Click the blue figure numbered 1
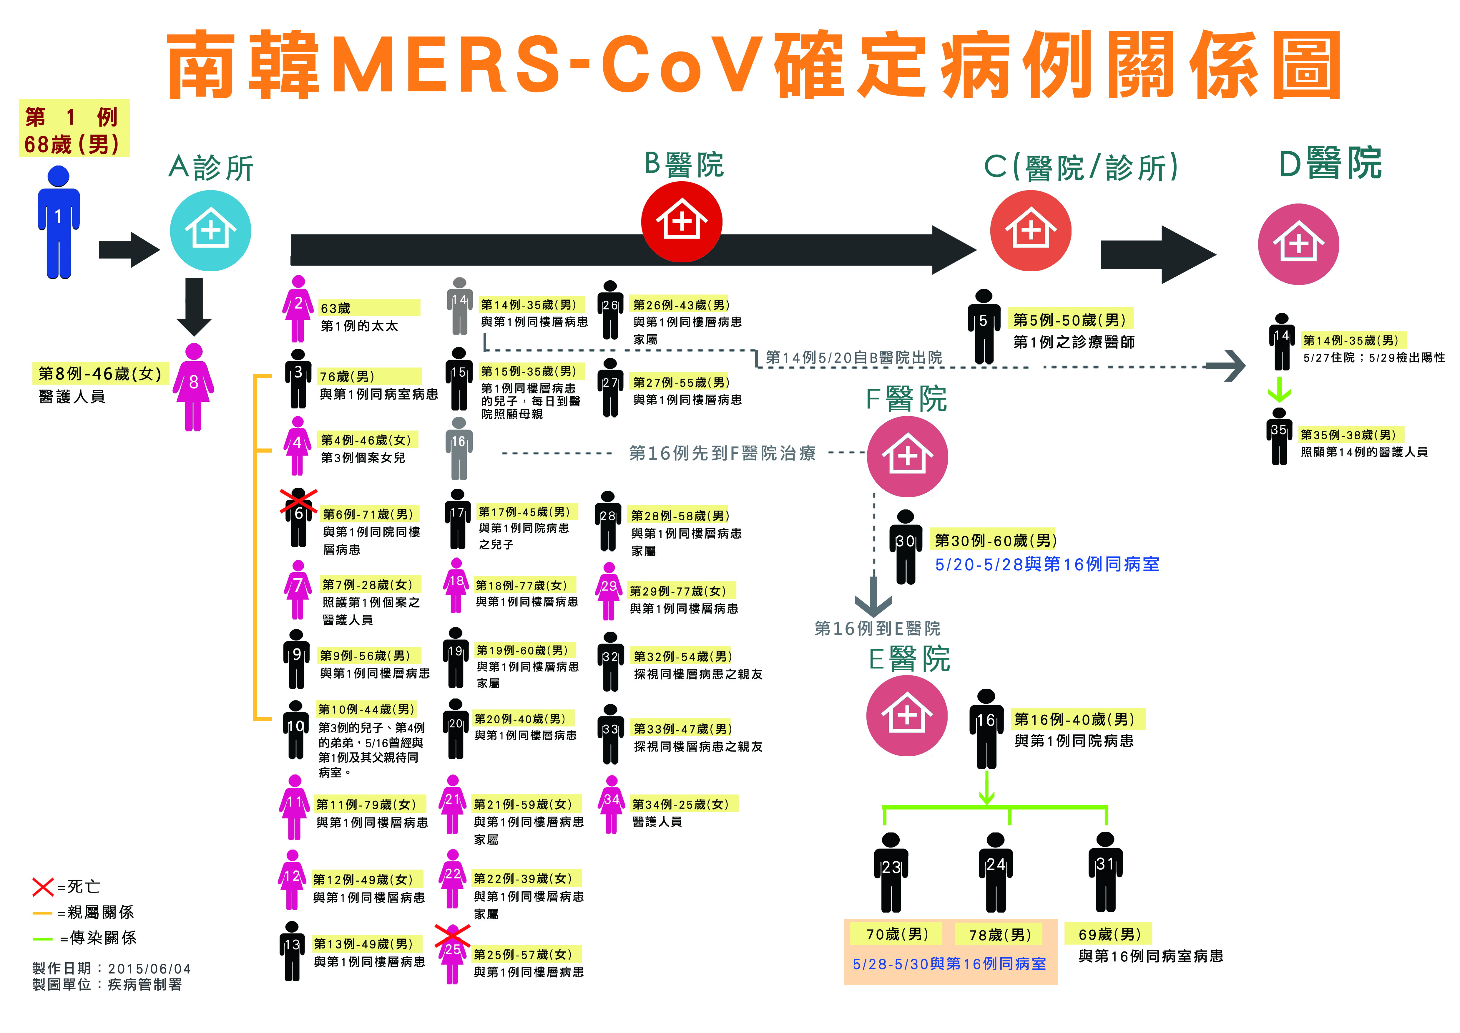pyautogui.click(x=59, y=223)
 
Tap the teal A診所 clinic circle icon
pyautogui.click(x=210, y=230)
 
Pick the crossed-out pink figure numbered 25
pyautogui.click(x=452, y=954)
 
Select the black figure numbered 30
pyautogui.click(x=906, y=547)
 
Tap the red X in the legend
pyautogui.click(x=43, y=886)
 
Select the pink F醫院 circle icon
pyautogui.click(x=907, y=457)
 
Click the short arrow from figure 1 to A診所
pyautogui.click(x=129, y=249)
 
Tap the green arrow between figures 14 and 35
pyautogui.click(x=1279, y=389)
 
